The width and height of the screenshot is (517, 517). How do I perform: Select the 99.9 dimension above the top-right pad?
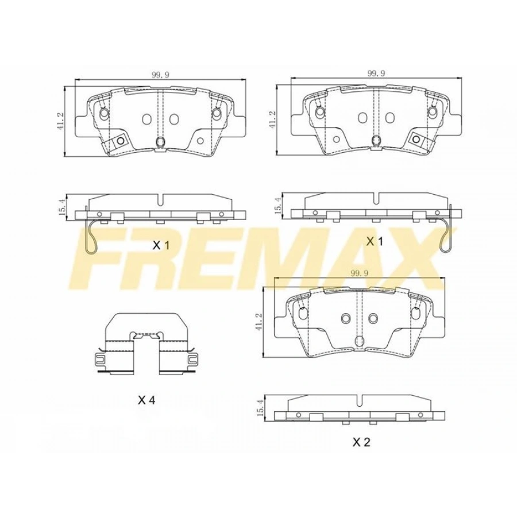coord(376,73)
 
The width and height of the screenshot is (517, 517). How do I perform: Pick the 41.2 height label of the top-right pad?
coord(274,119)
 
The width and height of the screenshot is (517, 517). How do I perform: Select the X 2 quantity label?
coord(361,442)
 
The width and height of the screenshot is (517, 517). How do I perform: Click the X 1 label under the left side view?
coord(161,245)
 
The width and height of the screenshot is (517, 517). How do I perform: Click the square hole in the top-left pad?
coord(120,141)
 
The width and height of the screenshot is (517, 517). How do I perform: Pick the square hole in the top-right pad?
coord(416,139)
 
